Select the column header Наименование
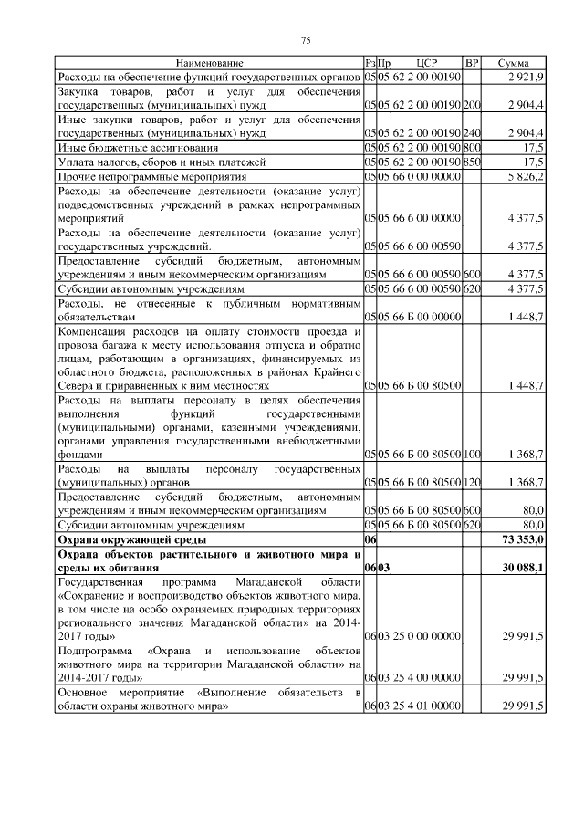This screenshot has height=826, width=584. pyautogui.click(x=210, y=63)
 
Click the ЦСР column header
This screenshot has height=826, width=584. pyautogui.click(x=427, y=63)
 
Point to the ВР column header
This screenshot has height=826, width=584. pyautogui.click(x=472, y=63)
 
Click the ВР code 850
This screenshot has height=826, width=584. pyautogui.click(x=472, y=162)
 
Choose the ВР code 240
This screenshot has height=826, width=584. pyautogui.click(x=472, y=133)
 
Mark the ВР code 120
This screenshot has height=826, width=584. pyautogui.click(x=472, y=481)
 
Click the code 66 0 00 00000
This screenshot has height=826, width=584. pyautogui.click(x=427, y=175)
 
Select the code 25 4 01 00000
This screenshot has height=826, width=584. pyautogui.click(x=427, y=706)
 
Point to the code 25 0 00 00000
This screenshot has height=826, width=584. pyautogui.click(x=427, y=633)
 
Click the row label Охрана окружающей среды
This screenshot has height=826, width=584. pyautogui.click(x=123, y=540)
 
